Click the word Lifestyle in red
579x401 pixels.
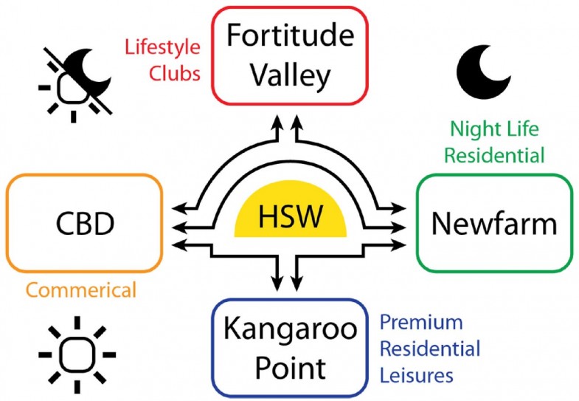tap(162, 47)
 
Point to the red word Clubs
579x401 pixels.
tap(175, 73)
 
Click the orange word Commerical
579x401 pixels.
tap(81, 289)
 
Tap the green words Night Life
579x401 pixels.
tap(494, 130)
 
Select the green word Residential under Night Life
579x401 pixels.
tap(494, 155)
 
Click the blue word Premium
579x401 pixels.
tap(421, 322)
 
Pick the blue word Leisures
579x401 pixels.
tap(417, 374)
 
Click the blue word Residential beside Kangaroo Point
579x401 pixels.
tap(430, 349)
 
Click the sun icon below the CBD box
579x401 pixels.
tap(77, 354)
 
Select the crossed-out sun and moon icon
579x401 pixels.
tap(75, 85)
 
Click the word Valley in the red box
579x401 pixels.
tap(291, 76)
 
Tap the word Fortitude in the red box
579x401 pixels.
tap(291, 35)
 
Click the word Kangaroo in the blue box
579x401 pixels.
tap(291, 329)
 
